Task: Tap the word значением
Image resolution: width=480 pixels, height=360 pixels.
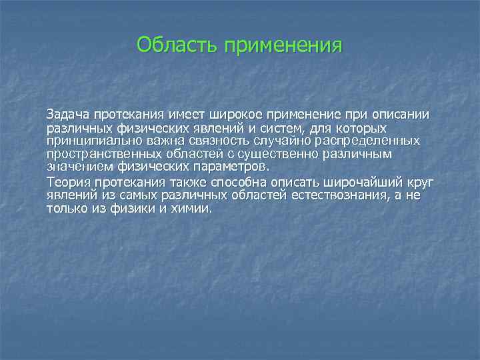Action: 74,167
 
